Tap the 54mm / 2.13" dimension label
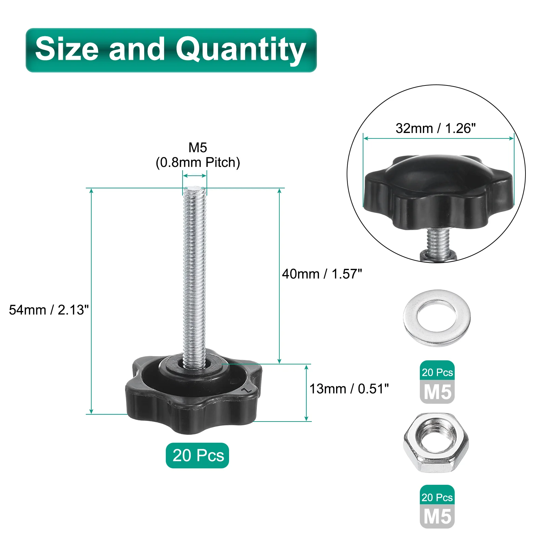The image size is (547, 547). click(x=49, y=310)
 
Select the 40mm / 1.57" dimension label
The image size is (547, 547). click(x=322, y=274)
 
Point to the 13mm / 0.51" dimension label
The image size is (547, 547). click(x=349, y=389)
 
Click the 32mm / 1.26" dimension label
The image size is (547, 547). click(x=436, y=128)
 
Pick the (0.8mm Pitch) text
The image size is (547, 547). click(x=198, y=162)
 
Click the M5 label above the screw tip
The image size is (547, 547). click(x=198, y=148)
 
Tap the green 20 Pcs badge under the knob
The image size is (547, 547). click(x=197, y=455)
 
